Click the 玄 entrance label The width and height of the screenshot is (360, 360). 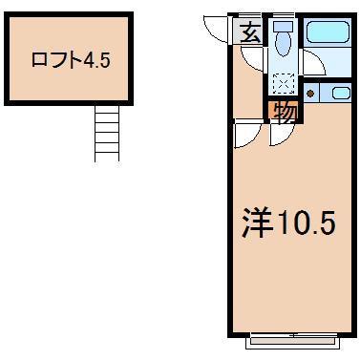click(x=249, y=33)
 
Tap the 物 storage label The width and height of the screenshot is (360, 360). click(x=284, y=112)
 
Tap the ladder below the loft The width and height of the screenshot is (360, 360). click(x=107, y=133)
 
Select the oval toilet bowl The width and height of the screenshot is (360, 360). click(x=284, y=44)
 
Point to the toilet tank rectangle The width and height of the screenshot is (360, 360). click(x=284, y=26)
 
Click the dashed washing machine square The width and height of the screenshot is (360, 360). click(x=284, y=83)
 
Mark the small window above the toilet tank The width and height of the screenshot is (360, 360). click(x=284, y=15)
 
